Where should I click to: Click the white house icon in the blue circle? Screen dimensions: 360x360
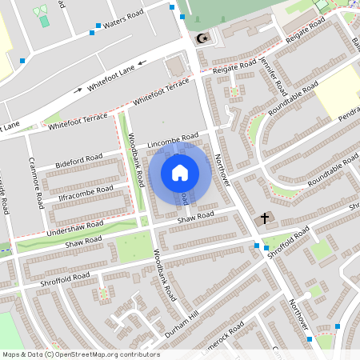[180, 172]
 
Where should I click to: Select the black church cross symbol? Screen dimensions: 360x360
[266, 218]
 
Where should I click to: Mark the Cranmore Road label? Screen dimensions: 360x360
[35, 182]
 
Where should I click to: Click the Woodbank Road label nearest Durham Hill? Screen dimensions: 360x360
[163, 275]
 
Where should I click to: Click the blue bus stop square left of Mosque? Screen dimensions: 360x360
[171, 6]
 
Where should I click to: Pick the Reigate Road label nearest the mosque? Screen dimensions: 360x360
[236, 68]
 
